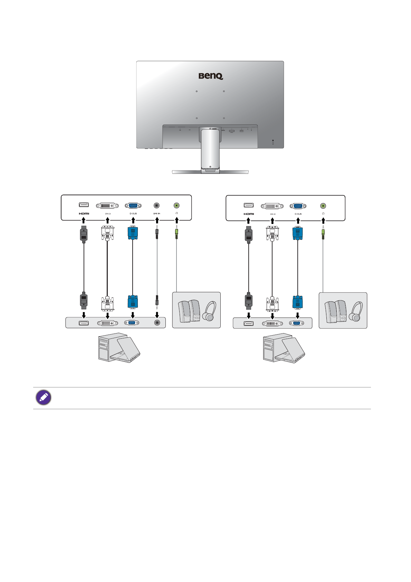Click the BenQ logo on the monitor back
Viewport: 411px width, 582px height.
coord(211,76)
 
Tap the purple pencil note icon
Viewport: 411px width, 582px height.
coord(44,398)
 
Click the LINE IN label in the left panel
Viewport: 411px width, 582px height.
coord(157,214)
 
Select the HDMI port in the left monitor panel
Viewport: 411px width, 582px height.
coord(84,205)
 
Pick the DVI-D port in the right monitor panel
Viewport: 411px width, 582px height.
coord(272,206)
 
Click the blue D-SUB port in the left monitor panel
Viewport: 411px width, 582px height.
coord(133,206)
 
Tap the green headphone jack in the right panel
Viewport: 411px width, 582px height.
coord(323,206)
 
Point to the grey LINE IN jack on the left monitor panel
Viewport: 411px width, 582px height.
coord(157,205)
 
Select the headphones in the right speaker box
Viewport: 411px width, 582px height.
coord(355,312)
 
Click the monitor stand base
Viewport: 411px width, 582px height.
coord(210,171)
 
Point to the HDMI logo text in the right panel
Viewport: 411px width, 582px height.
coord(249,214)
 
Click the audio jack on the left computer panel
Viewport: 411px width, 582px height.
coord(157,322)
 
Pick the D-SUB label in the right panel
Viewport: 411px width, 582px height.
coord(298,214)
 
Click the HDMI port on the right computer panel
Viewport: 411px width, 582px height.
coord(249,323)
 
